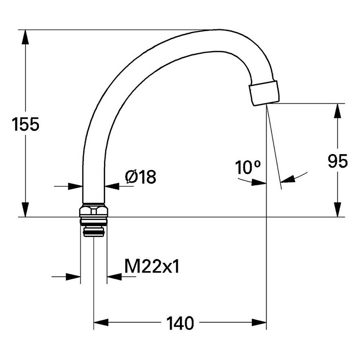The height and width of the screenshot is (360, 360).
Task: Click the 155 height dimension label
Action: [25, 124]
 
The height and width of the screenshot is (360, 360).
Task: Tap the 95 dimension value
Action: [337, 161]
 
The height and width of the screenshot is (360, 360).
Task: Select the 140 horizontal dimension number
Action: [180, 323]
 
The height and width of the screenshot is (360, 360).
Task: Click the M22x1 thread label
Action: [152, 266]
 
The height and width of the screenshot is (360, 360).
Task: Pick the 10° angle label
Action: [248, 167]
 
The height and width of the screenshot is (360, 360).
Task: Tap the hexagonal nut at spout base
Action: [94, 211]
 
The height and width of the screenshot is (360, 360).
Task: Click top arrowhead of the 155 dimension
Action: [25, 37]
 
